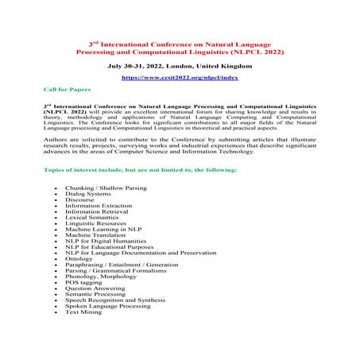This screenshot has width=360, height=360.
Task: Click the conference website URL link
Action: pyautogui.click(x=179, y=79)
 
